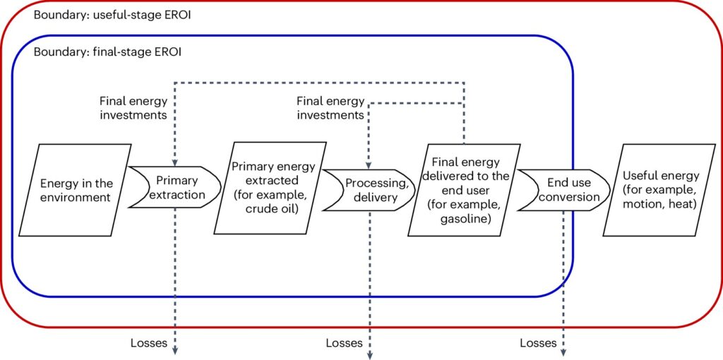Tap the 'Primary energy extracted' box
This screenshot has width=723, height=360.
click(270, 188)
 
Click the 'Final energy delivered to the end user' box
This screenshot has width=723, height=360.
click(465, 189)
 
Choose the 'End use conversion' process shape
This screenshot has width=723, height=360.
click(563, 189)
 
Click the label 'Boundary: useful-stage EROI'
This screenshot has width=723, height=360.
click(112, 16)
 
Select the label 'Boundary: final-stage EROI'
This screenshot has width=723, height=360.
click(107, 52)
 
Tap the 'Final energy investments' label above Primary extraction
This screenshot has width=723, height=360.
click(133, 107)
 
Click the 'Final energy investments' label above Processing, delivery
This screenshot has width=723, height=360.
click(330, 107)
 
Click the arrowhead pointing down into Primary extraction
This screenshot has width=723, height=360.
click(174, 162)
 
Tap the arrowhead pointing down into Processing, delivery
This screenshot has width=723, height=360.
click(369, 164)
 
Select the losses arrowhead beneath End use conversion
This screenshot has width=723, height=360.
click(563, 352)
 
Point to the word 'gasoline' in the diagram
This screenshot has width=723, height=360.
click(465, 220)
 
